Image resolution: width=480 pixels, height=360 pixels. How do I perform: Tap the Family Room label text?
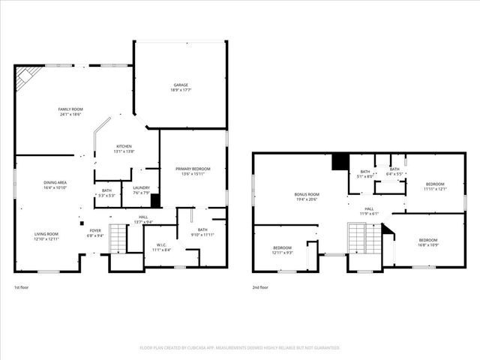tap(70, 112)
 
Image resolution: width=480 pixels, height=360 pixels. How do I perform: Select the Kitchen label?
tap(124, 148)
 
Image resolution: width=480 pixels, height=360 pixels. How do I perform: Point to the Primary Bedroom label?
tap(193, 172)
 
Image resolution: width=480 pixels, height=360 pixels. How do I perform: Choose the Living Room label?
tap(46, 236)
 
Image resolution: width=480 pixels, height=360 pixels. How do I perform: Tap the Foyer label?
tap(95, 232)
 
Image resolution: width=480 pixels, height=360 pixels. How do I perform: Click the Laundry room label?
tap(141, 190)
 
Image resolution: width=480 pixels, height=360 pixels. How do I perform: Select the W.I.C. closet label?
tap(161, 247)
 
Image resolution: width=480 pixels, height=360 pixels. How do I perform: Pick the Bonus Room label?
tap(306, 196)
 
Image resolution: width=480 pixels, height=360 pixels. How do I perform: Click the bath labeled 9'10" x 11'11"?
tap(202, 232)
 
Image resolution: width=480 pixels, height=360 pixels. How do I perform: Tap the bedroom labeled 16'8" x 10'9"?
tap(428, 242)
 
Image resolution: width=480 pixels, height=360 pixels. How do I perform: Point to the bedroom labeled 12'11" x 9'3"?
tap(282, 250)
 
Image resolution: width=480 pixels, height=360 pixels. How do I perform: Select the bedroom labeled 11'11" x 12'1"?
tap(435, 186)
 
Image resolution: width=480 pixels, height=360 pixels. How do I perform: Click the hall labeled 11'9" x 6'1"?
tap(369, 211)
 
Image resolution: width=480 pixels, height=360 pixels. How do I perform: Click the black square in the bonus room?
tap(339, 160)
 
